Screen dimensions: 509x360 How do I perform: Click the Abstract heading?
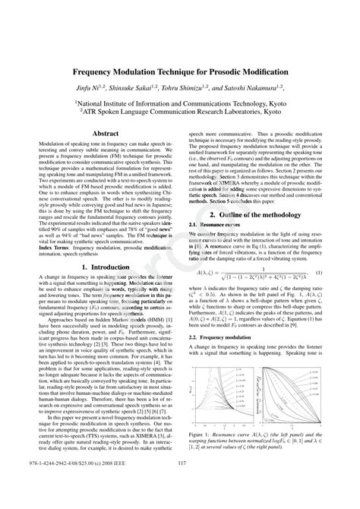[x=105, y=133]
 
